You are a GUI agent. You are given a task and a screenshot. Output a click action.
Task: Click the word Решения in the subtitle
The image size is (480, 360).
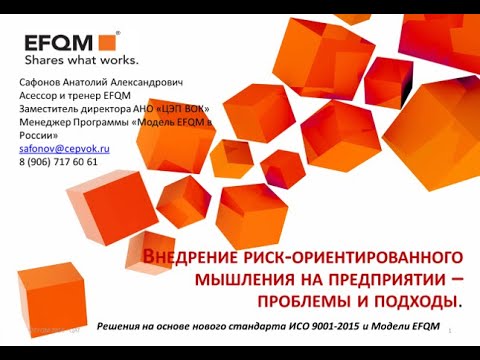point(122,327)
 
